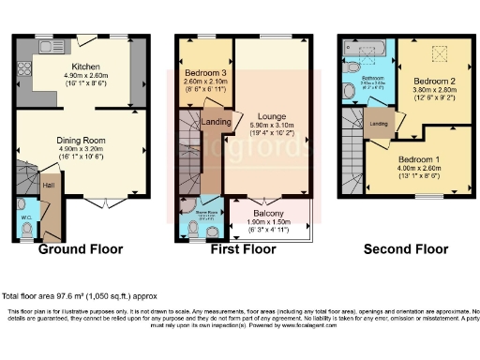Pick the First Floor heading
242,250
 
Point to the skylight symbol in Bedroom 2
434,56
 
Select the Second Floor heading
406,250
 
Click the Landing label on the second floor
379,123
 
